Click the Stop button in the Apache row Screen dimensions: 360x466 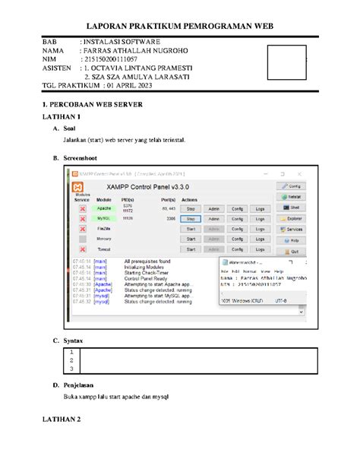coord(191,207)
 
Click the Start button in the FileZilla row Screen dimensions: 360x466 coord(191,228)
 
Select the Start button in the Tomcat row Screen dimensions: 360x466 coord(191,249)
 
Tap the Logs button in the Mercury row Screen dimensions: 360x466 coord(260,239)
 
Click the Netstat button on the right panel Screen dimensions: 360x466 coord(293,196)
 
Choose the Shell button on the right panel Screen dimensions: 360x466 coord(293,207)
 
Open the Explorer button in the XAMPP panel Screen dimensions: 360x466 coord(293,218)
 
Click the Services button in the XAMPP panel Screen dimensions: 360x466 coord(293,229)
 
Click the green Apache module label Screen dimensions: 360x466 coord(104,207)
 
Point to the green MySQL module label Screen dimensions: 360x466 coord(104,217)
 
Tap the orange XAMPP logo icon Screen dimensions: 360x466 coord(79,187)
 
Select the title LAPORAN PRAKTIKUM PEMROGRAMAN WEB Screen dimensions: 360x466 coord(179,24)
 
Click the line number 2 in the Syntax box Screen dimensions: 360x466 coord(71,360)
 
